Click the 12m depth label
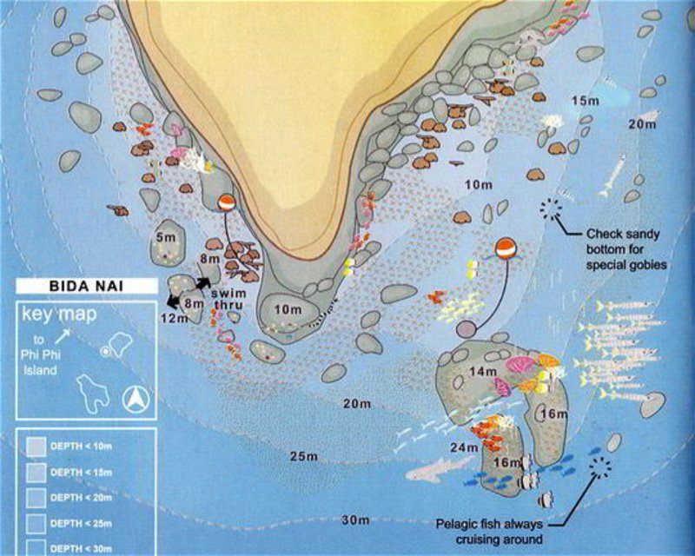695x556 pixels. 174,319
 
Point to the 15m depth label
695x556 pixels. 585,101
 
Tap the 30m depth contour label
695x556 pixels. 357,520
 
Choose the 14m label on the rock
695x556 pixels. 483,372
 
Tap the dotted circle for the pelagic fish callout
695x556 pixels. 599,469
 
